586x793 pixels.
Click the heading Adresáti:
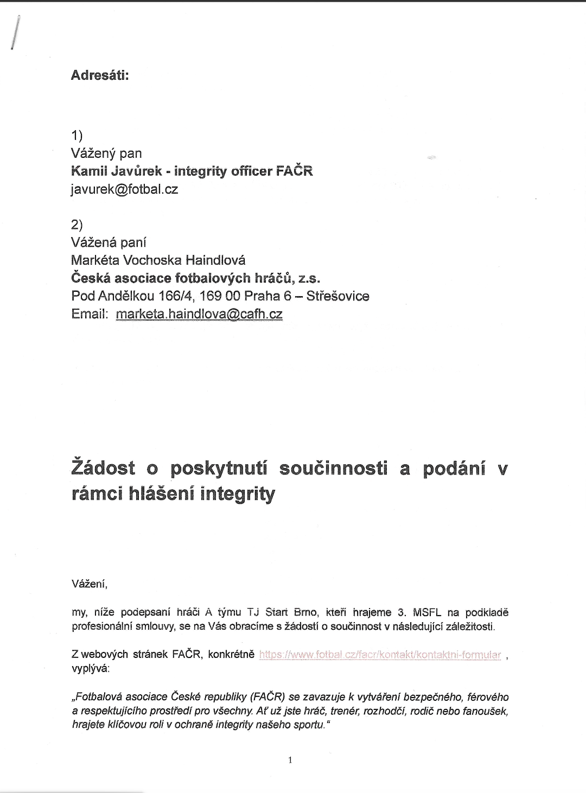click(x=100, y=75)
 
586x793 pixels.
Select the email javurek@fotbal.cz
click(x=125, y=189)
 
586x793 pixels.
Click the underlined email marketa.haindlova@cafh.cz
click(x=199, y=314)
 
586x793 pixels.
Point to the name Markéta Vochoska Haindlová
click(x=158, y=260)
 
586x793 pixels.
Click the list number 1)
click(x=77, y=136)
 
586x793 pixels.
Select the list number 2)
click(x=77, y=225)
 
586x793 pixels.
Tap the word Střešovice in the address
click(x=337, y=296)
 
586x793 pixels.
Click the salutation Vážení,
click(x=90, y=584)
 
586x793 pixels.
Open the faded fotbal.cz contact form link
click(x=380, y=655)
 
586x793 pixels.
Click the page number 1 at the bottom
click(x=290, y=760)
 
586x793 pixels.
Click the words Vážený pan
click(x=106, y=154)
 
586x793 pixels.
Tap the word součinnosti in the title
click(x=333, y=469)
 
